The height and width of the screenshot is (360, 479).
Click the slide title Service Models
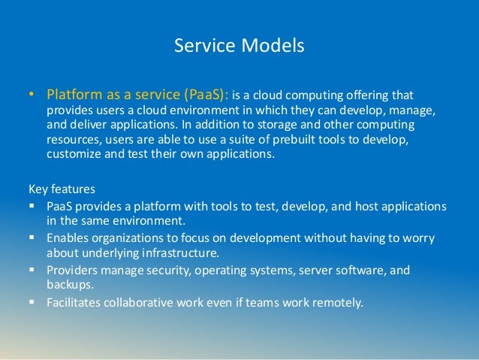[x=239, y=46]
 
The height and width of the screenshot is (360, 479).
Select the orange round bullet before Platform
[x=32, y=96]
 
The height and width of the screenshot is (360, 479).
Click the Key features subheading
[x=63, y=190]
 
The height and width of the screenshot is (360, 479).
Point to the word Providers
[x=74, y=269]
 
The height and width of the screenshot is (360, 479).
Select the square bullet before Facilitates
[x=32, y=304]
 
